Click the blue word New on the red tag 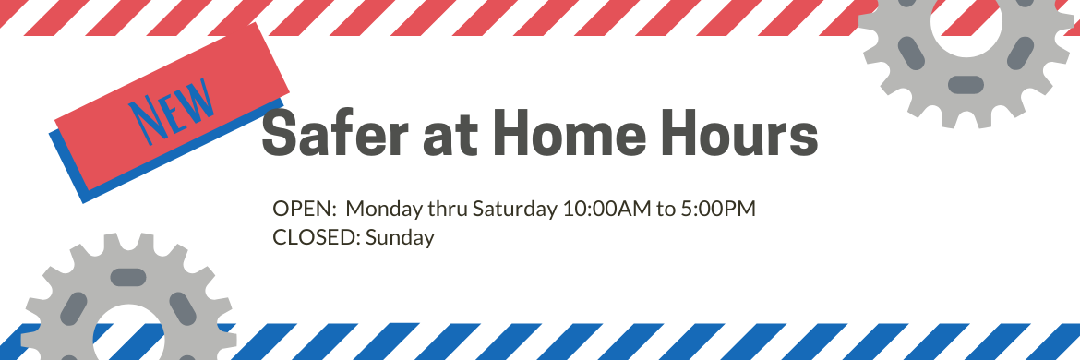[174, 111]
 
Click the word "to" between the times [666, 210]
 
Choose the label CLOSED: [317, 237]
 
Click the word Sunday [401, 238]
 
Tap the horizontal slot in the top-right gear [966, 85]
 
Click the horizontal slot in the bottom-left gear [128, 278]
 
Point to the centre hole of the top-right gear [966, 23]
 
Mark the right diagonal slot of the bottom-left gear [183, 309]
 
